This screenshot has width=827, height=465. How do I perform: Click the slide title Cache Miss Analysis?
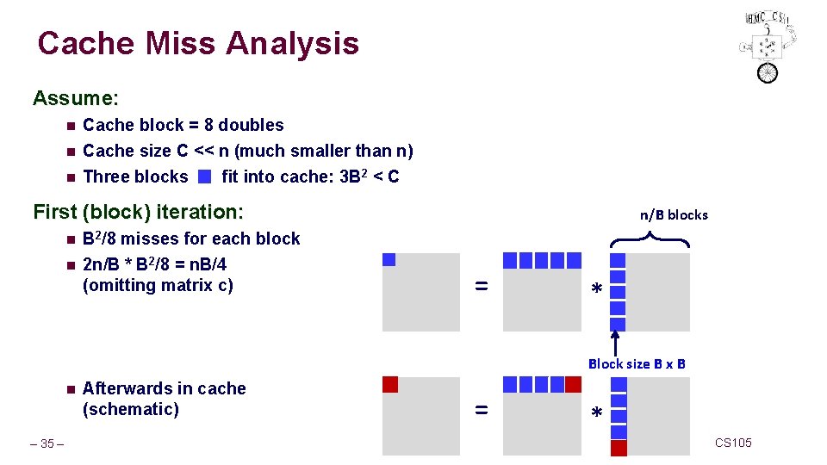coord(198,43)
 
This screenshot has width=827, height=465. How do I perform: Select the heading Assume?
coord(76,98)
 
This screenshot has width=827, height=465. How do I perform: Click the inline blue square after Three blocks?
coord(203,177)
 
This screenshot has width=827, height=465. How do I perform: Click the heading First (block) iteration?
coord(138,211)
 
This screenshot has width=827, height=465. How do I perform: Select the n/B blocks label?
coord(673,214)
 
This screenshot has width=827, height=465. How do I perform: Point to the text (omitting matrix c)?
coord(158,285)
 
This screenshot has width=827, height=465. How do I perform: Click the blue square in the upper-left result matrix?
coord(389,259)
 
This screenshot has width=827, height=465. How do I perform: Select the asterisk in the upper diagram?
coord(596,291)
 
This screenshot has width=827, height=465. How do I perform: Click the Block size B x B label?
coord(637,363)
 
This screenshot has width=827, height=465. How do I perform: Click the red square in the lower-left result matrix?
coord(389,384)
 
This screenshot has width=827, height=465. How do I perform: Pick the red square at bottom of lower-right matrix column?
coord(618,448)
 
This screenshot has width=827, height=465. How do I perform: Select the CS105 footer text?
coord(733,443)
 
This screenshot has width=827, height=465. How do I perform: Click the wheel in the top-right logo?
coord(767,72)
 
